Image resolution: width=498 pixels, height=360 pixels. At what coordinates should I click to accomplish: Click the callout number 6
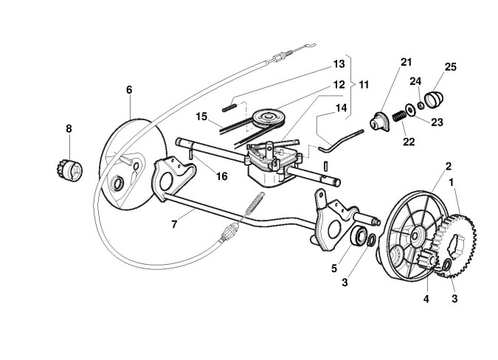(129, 90)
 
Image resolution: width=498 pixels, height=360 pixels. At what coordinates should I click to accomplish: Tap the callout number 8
(69, 128)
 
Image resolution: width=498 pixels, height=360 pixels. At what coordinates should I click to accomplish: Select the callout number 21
(406, 62)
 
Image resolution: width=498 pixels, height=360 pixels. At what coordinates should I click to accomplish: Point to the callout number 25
(450, 67)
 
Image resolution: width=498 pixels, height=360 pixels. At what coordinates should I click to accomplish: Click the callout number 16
(221, 176)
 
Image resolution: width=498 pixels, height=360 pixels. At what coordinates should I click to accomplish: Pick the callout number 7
(174, 224)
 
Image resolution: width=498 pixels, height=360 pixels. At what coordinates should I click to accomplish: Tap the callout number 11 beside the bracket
(364, 85)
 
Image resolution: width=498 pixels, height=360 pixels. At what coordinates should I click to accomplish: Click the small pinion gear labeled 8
(69, 170)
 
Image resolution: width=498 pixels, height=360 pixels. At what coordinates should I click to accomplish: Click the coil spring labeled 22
(399, 117)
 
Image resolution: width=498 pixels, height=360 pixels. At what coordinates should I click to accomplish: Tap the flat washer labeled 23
(411, 110)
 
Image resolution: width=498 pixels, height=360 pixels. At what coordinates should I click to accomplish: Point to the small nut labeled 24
(421, 105)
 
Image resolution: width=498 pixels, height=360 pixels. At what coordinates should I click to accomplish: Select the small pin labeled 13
(229, 108)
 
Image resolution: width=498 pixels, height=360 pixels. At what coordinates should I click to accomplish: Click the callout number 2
(449, 166)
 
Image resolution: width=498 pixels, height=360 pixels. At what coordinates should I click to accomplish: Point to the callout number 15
(201, 117)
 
